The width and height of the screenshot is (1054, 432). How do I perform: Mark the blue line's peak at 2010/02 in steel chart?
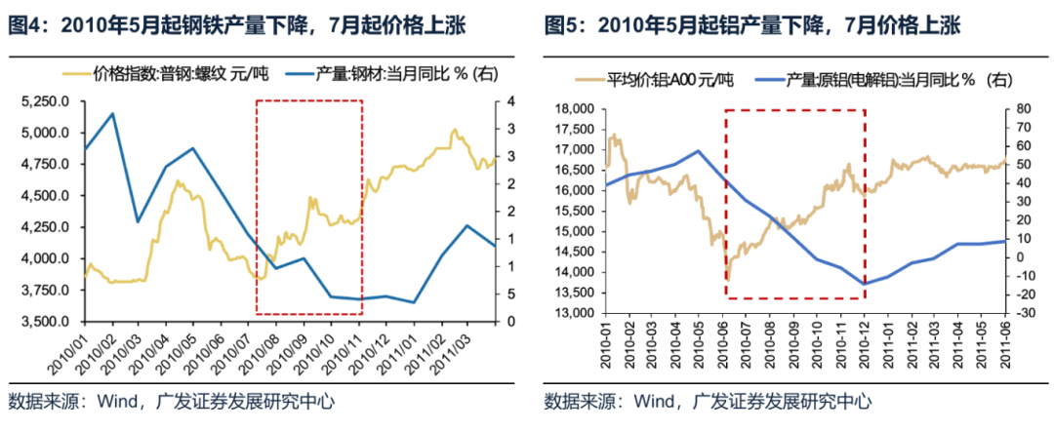point(111,113)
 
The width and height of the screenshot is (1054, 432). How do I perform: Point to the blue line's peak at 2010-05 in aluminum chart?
point(698,151)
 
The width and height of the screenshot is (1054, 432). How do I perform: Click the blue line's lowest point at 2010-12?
point(864,284)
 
